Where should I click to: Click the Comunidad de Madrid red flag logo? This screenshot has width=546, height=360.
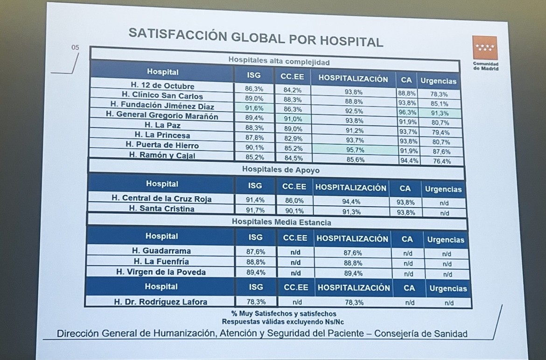click(485, 48)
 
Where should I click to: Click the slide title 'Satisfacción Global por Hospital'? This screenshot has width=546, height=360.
click(256, 37)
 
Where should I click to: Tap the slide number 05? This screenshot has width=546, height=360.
click(76, 48)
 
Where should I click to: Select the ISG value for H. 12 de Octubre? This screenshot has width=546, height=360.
click(254, 88)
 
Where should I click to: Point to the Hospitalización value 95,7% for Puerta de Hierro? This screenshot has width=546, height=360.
click(355, 150)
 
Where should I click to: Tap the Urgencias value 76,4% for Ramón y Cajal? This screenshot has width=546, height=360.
click(441, 161)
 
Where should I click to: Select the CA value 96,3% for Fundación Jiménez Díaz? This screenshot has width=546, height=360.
click(407, 112)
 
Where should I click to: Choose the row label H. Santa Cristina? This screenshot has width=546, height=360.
click(161, 209)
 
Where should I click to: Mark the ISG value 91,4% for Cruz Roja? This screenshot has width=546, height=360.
click(255, 200)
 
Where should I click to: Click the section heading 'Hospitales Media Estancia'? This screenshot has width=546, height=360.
click(281, 222)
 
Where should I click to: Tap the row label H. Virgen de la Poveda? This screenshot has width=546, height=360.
click(161, 272)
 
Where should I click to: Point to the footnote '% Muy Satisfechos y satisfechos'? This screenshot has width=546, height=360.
click(283, 314)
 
